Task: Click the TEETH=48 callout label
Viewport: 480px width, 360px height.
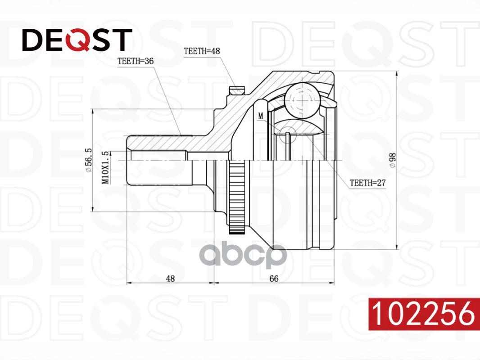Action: (202, 51)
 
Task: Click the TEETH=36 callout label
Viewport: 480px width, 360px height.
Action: (136, 61)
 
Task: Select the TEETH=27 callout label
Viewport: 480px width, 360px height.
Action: (367, 183)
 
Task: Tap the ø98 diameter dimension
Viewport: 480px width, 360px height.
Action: (393, 160)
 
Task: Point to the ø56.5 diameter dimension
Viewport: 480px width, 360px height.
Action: (88, 160)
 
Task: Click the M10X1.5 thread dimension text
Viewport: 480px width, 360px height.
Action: (105, 167)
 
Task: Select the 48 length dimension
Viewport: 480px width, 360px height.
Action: (170, 279)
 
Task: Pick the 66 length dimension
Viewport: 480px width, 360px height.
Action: (274, 279)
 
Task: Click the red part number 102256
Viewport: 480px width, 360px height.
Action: (424, 314)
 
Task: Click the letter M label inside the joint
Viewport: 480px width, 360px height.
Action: (261, 116)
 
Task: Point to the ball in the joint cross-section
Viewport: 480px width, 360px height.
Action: (302, 100)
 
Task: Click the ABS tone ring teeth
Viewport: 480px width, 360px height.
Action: (237, 197)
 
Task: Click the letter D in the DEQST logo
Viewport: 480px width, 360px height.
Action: (33, 40)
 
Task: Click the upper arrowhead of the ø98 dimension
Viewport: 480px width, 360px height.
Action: (397, 74)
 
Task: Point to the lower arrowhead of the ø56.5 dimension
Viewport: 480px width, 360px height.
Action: (92, 208)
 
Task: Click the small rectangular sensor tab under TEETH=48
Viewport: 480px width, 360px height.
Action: (237, 90)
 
